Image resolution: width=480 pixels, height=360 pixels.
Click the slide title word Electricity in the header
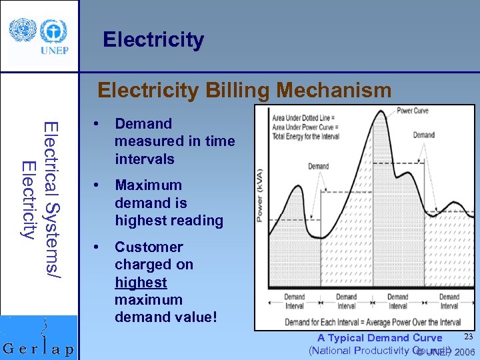(x=153, y=40)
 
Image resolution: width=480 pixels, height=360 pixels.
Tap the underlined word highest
(x=141, y=282)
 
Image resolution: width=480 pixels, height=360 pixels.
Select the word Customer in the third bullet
(x=149, y=247)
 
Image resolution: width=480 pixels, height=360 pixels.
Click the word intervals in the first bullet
(x=145, y=159)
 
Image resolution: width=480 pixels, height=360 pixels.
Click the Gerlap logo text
(x=39, y=349)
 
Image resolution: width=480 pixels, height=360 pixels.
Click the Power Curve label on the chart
(x=413, y=111)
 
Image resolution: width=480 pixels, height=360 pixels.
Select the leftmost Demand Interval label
(x=294, y=301)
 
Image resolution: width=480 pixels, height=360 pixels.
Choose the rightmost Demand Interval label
(x=449, y=301)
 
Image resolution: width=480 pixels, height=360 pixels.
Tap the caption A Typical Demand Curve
(x=379, y=338)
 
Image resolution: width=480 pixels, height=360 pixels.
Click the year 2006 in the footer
(x=465, y=352)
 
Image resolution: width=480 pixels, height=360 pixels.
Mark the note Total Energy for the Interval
(x=306, y=136)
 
